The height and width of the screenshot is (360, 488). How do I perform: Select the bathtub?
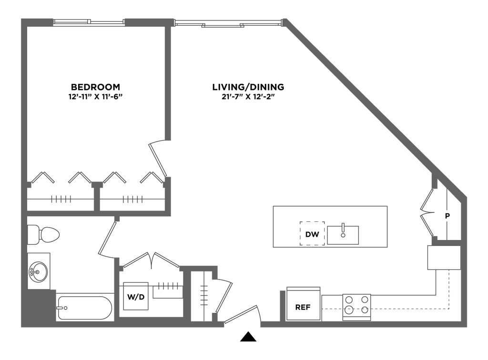pos(85,307)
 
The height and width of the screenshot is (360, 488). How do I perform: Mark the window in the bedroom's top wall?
pos(89,21)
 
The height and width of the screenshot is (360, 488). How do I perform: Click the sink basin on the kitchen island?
pos(343,234)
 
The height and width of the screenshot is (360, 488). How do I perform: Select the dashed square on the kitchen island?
pos(312,233)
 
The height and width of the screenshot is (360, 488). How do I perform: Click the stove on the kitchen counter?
pos(357,305)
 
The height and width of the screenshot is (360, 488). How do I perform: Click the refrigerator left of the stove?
pos(304,303)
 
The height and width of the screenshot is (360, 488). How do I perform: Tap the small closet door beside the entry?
pos(224,293)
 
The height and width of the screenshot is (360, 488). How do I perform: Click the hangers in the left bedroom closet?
pos(61,199)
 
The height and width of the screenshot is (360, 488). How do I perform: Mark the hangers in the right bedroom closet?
pos(132,199)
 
